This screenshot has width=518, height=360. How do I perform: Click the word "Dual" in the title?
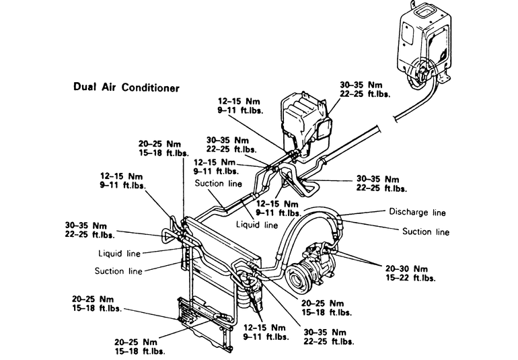coord(85,87)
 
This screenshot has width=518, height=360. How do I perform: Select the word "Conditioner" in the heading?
coord(150,87)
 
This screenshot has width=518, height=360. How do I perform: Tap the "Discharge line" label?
coord(417,212)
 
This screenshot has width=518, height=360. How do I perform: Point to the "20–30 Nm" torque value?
coord(406,268)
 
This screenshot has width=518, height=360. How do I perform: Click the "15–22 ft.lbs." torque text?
coord(410,278)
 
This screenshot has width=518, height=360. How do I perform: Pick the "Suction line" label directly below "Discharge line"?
coord(426,231)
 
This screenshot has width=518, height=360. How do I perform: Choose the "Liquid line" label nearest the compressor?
coord(257,225)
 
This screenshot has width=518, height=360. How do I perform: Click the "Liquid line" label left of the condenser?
coord(120,254)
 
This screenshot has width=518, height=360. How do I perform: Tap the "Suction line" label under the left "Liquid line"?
coord(118,271)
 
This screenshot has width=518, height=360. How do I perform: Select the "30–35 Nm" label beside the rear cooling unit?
coord(361,85)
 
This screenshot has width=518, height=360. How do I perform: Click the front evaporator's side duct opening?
coord(325,129)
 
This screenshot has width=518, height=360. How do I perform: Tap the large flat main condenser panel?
coord(222,246)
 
